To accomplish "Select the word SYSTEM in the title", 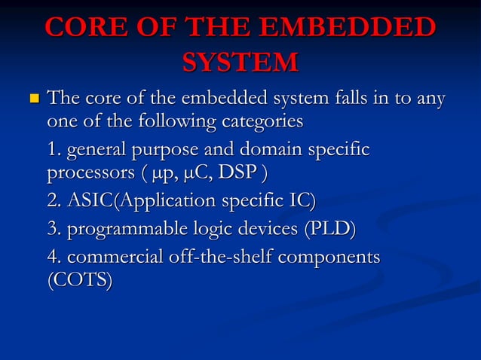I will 240,63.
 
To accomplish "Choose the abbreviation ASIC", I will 89,201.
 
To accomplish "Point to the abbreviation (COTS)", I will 80,281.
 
